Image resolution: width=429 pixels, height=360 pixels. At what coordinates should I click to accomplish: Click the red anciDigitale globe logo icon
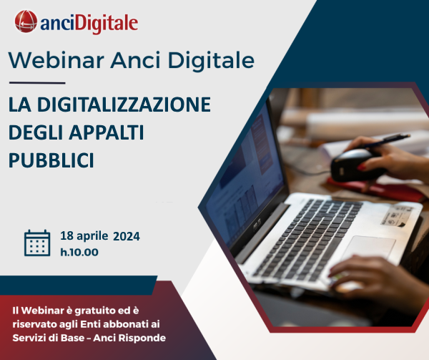(x=26, y=22)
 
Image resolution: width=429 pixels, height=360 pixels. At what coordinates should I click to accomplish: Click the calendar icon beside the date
(x=37, y=243)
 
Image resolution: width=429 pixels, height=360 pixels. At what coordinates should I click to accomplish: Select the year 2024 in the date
(x=127, y=235)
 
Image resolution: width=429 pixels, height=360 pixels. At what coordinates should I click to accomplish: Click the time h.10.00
(x=79, y=251)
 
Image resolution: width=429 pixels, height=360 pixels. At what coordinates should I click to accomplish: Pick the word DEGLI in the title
(x=36, y=132)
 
